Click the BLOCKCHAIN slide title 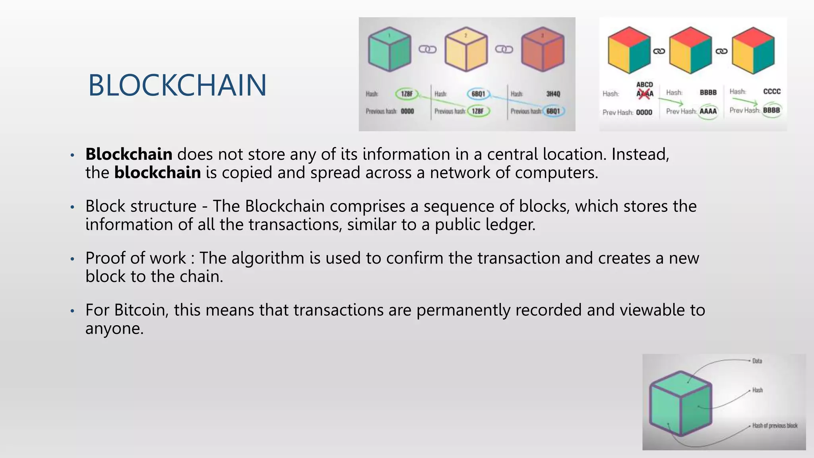tap(177, 85)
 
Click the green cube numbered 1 tap(389, 50)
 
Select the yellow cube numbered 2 tap(466, 50)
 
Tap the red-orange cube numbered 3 tap(543, 50)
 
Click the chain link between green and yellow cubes tap(428, 49)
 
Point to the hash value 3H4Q tap(553, 94)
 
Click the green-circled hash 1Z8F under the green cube tap(407, 94)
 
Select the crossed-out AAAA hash tap(645, 94)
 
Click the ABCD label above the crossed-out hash tap(645, 84)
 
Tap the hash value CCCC tap(772, 91)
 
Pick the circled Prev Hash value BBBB tap(771, 110)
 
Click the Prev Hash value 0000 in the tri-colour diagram tap(644, 113)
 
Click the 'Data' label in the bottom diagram tap(757, 361)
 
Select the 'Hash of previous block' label tap(775, 425)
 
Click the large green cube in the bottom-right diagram tap(680, 404)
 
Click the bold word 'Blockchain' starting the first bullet tap(129, 154)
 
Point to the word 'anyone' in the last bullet tap(113, 328)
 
